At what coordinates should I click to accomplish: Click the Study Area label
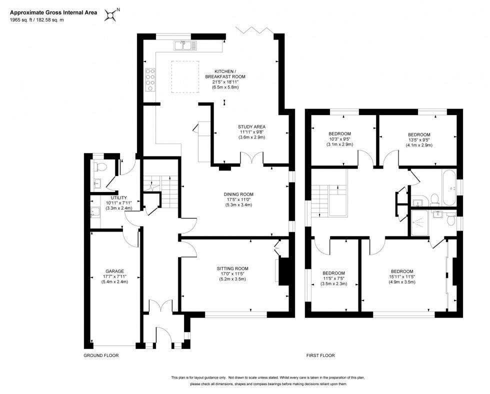(251, 126)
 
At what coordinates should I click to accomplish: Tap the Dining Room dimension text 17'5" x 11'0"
(239, 199)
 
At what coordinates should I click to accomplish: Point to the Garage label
(114, 271)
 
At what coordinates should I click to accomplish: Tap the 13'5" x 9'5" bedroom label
(419, 134)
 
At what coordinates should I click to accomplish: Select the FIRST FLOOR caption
(320, 355)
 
